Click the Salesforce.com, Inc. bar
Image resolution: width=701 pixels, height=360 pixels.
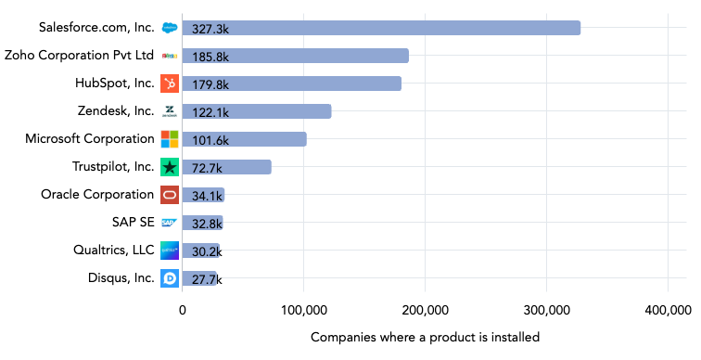381,28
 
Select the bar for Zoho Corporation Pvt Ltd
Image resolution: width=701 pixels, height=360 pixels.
295,56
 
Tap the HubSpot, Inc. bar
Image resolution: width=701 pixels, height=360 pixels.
291,84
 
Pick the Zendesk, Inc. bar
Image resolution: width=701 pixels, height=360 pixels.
256,111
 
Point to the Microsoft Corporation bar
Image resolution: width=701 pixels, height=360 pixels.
244,139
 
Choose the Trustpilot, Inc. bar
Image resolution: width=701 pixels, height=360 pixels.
226,167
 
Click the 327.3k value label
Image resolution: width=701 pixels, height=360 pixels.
210,29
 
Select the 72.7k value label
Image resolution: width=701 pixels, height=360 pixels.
207,168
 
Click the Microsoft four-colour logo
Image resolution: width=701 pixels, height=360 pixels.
170,139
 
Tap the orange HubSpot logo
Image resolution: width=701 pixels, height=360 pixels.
170,84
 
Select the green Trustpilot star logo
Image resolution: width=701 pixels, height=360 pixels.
170,167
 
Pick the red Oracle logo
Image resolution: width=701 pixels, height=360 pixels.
170,195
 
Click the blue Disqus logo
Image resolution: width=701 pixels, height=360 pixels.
170,277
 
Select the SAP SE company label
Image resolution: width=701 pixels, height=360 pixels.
133,222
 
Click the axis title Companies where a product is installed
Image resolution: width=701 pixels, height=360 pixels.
425,337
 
